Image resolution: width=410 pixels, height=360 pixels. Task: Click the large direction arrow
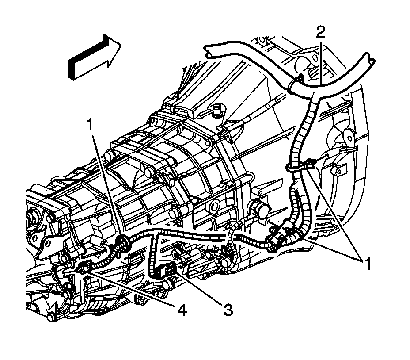coord(93,57)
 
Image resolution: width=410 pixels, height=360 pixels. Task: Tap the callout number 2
coord(321,32)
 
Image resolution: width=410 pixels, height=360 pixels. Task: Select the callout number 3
coord(227,310)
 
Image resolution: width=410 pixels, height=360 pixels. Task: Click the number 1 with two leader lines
coord(366,264)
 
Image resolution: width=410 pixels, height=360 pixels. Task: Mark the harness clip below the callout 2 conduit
coord(305,165)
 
